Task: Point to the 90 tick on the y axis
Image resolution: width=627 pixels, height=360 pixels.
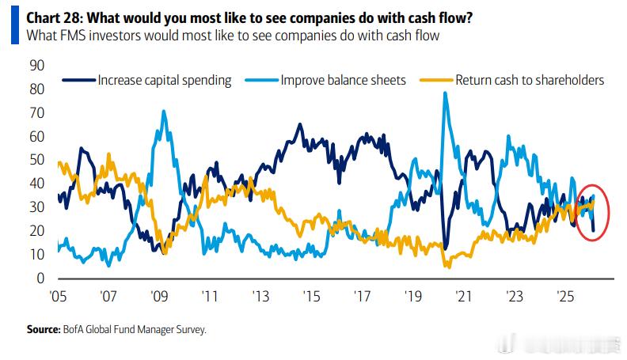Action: click(x=36, y=65)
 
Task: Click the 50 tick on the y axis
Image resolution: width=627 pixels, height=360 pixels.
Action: click(x=36, y=160)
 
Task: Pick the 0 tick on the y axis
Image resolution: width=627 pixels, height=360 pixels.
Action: click(x=40, y=279)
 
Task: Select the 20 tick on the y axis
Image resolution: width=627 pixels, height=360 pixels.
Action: click(x=36, y=231)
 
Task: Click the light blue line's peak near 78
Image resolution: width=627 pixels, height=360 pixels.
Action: click(x=445, y=93)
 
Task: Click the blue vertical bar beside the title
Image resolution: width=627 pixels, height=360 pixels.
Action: click(x=13, y=25)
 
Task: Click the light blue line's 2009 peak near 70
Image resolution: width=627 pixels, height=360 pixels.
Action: click(x=164, y=112)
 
